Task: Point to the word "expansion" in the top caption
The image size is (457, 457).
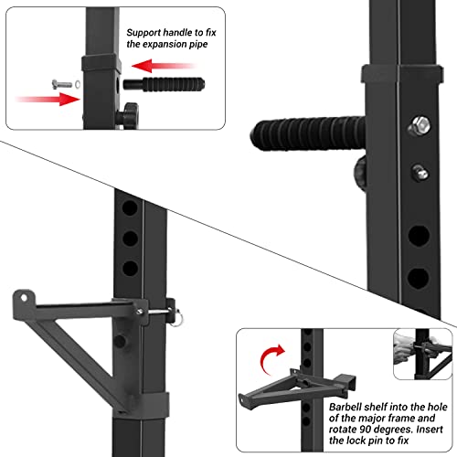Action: point(177,43)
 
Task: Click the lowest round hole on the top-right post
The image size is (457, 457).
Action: point(418,277)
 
